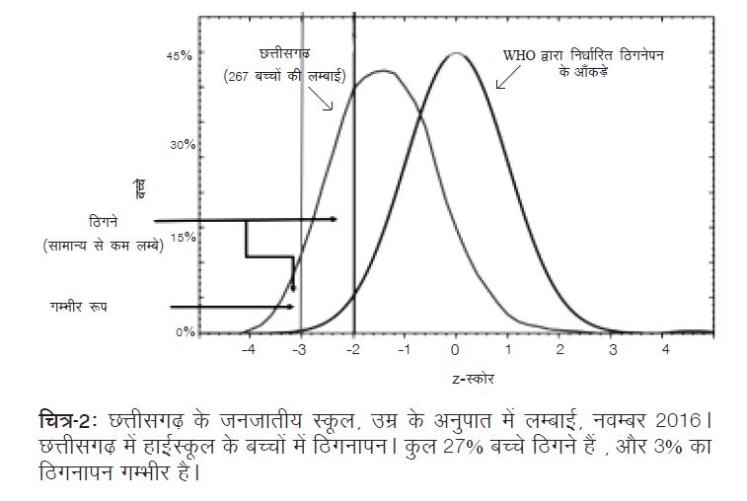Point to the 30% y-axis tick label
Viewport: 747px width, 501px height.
[182, 145]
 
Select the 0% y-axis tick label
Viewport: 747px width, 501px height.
[185, 332]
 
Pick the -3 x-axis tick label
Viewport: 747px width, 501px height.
[300, 350]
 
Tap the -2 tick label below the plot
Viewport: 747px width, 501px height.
[352, 350]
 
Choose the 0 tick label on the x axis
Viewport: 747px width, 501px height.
[455, 350]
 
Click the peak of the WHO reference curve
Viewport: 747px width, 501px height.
[455, 53]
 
